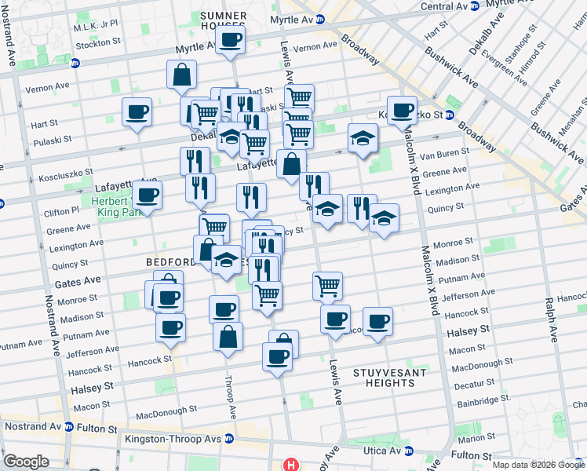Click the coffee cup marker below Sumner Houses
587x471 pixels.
[230, 39]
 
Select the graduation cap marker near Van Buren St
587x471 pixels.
[363, 139]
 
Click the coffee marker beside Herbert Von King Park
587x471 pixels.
[147, 195]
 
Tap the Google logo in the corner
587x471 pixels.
[25, 462]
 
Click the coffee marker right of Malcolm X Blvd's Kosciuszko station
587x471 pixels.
[403, 111]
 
